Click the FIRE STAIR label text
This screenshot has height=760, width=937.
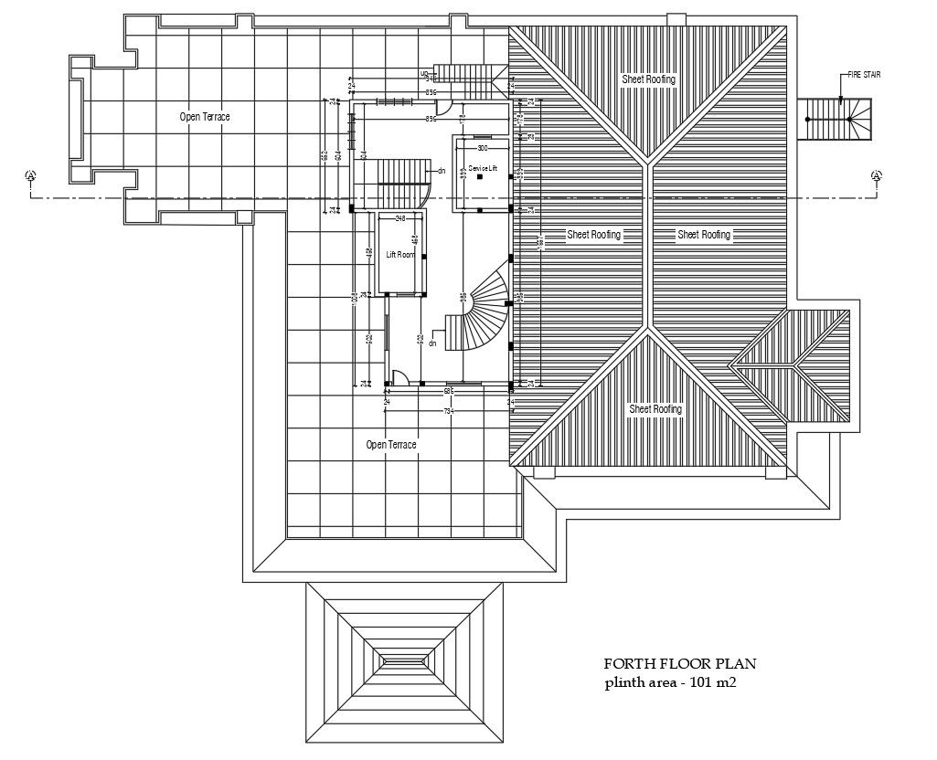coord(865,76)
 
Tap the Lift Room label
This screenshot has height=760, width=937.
coord(400,255)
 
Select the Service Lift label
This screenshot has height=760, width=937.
coord(482,169)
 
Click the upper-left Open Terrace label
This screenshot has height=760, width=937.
coord(204,117)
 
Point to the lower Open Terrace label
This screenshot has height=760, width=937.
coord(391,445)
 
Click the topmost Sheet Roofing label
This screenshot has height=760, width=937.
coord(648,79)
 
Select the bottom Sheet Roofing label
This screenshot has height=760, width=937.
coord(655,409)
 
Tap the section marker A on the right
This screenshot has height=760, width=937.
coord(876,175)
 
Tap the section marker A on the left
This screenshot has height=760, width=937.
coord(31,175)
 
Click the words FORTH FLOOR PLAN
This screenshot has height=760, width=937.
coord(680,664)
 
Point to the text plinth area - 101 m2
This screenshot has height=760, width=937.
coord(670,682)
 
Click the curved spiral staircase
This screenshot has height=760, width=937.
coord(484,315)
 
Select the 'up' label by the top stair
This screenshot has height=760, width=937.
coord(424,73)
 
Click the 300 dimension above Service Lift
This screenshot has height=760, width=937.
coord(483,147)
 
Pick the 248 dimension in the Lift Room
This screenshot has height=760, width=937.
coord(400,219)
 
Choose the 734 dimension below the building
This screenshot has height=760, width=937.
coord(448,412)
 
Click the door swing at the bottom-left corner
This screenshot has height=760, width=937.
coord(399,377)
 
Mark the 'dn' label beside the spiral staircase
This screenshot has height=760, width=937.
coord(433,343)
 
